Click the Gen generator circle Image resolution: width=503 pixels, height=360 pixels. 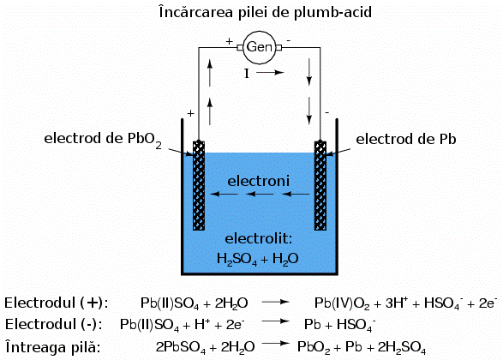[x=259, y=46]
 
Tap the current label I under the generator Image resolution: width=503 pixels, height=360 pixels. [x=246, y=74]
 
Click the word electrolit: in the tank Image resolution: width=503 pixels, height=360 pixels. [x=259, y=237]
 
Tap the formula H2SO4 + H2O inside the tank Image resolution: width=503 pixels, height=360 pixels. [x=257, y=257]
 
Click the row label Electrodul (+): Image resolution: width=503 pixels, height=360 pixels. [x=57, y=303]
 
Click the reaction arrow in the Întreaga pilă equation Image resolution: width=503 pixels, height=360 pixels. [x=272, y=345]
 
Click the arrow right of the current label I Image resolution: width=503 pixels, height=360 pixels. [x=268, y=74]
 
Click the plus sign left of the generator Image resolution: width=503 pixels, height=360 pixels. [x=229, y=39]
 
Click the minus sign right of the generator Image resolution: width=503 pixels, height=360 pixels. [x=288, y=39]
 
